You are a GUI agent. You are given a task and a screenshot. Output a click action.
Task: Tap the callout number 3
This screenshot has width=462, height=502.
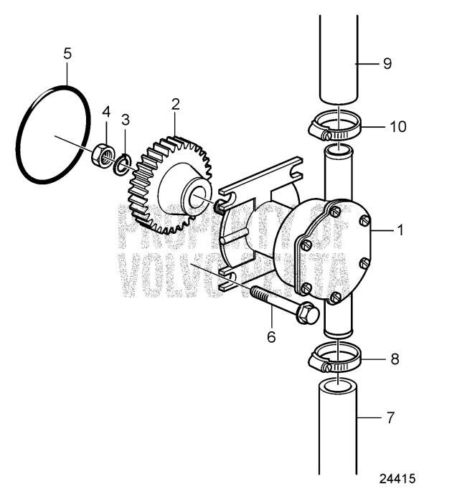click(125, 118)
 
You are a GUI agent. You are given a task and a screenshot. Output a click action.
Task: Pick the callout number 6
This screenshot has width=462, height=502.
click(271, 336)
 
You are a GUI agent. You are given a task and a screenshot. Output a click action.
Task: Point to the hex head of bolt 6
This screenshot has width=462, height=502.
click(307, 314)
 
